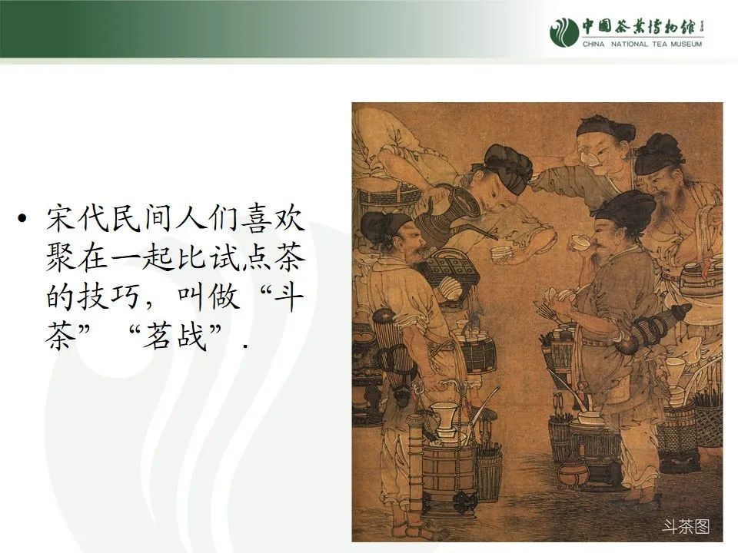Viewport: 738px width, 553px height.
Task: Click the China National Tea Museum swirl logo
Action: [x=563, y=30]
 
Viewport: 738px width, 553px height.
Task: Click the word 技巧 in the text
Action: [x=124, y=297]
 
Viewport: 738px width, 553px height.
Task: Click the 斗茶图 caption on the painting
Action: [x=686, y=527]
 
